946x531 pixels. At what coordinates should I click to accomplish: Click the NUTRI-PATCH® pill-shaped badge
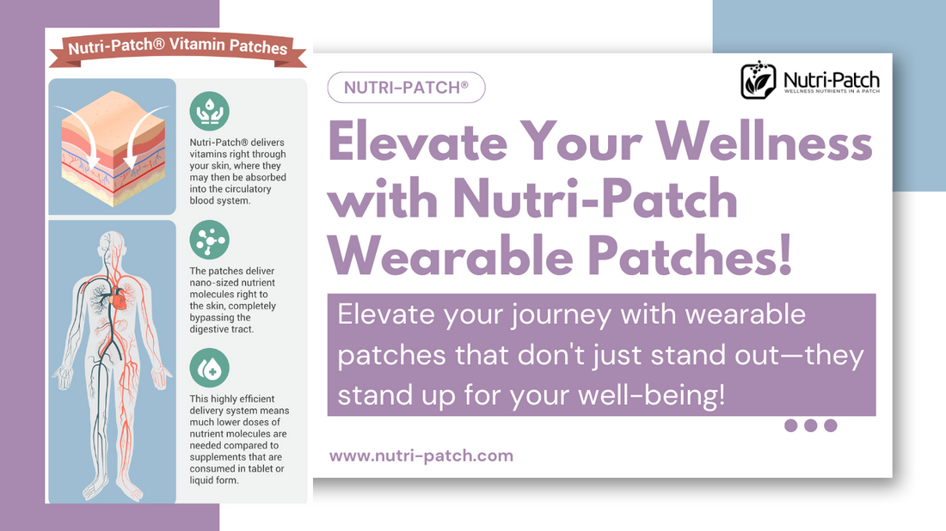(406, 88)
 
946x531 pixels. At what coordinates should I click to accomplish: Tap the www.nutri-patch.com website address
(421, 455)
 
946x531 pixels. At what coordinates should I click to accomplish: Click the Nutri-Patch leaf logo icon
(759, 80)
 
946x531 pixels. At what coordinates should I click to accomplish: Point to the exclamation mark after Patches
(784, 255)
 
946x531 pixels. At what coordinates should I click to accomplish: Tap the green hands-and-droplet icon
(209, 111)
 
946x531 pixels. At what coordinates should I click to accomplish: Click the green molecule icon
(209, 240)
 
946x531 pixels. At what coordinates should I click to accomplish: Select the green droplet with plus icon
(209, 368)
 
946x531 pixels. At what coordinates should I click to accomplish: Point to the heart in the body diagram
(119, 298)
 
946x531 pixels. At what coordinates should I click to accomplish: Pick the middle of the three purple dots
(811, 425)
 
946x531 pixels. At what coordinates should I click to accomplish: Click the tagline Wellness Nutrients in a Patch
(832, 92)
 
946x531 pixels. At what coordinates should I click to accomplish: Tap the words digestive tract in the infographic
(221, 329)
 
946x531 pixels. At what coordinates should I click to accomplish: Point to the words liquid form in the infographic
(214, 480)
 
